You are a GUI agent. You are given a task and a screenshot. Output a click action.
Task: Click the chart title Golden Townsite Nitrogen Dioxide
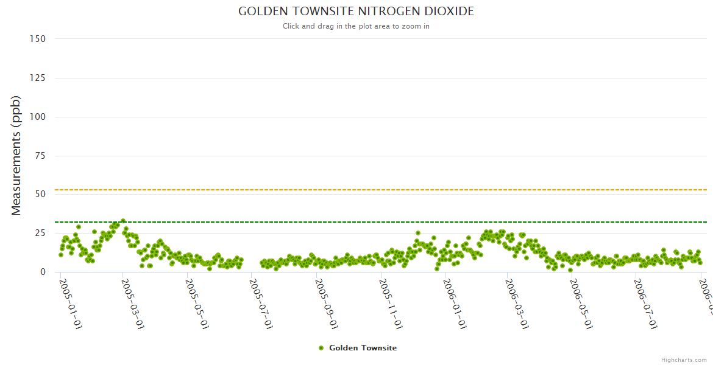point(356,12)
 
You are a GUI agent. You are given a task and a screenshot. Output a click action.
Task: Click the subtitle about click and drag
point(356,26)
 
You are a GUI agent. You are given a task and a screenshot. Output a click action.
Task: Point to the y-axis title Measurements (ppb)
point(16,155)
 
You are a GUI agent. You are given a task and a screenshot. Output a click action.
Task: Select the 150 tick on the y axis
point(37,39)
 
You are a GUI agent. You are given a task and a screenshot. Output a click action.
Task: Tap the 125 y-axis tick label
point(37,78)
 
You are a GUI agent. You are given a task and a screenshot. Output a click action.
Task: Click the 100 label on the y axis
point(37,117)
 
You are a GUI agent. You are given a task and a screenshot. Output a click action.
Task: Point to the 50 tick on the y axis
point(40,195)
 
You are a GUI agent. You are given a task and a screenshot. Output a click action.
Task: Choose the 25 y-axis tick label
point(40,234)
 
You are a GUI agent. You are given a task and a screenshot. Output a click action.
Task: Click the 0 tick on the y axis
point(43,273)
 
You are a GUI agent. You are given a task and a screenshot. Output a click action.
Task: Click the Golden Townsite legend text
point(363,348)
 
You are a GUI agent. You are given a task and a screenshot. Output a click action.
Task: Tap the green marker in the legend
point(321,348)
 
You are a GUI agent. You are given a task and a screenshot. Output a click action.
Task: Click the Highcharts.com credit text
point(684,360)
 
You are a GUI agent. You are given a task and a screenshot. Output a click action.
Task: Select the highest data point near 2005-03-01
point(123,221)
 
